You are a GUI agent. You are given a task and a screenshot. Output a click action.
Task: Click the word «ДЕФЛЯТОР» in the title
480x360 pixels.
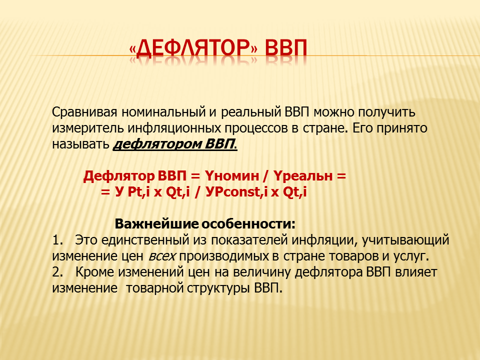[x=193, y=49]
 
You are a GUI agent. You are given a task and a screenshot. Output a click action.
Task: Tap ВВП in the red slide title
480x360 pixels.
[x=285, y=49]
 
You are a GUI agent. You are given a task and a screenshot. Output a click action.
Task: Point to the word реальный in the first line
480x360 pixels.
[x=250, y=112]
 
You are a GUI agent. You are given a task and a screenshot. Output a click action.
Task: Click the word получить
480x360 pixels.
[x=386, y=112]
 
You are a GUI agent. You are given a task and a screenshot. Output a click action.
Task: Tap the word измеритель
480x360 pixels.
[x=88, y=128]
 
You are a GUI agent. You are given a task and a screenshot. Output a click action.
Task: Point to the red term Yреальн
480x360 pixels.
[x=302, y=176]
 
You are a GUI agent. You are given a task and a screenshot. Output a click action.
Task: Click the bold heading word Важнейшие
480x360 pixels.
[x=156, y=224]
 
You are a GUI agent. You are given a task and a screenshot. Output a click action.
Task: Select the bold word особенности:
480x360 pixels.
[x=248, y=224]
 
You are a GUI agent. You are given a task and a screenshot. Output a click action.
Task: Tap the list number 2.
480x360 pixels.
[x=57, y=272]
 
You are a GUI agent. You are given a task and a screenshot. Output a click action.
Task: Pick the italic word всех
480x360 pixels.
[x=162, y=256]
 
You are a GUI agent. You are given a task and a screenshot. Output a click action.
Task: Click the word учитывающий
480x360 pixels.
[x=405, y=240]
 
